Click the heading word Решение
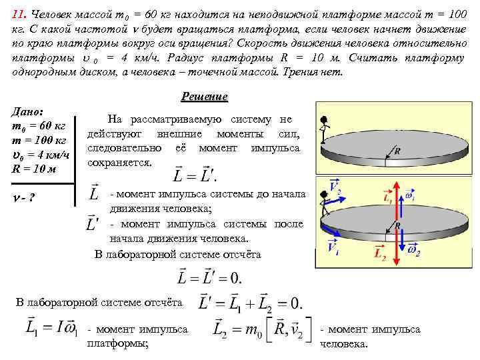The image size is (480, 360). (x=205, y=97)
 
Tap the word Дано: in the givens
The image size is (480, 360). (x=29, y=112)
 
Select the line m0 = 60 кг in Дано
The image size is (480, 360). (x=37, y=126)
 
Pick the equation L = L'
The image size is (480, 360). (x=195, y=175)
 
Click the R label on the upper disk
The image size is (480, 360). (x=397, y=151)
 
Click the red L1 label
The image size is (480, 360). (x=388, y=198)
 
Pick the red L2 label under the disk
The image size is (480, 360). (x=380, y=253)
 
